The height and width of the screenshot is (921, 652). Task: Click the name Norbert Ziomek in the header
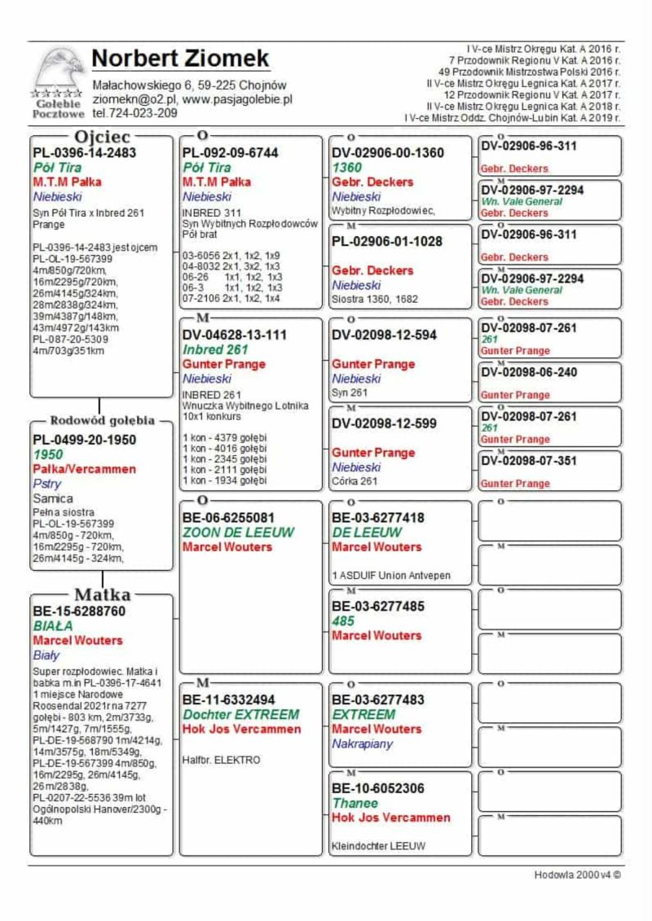[180, 59]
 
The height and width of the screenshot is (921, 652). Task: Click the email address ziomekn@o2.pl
[131, 99]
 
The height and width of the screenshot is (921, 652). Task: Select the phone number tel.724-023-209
[134, 113]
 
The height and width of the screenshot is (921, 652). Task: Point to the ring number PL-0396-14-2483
[85, 152]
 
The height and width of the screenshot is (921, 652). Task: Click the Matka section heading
[103, 594]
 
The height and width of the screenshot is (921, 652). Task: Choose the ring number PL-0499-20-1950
[85, 440]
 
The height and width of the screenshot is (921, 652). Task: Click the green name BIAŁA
[53, 625]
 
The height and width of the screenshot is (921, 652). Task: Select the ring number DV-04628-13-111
[235, 335]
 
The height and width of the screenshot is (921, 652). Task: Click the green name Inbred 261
[214, 349]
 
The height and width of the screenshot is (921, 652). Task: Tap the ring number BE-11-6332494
[229, 700]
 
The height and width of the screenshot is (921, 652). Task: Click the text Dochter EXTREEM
[240, 714]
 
